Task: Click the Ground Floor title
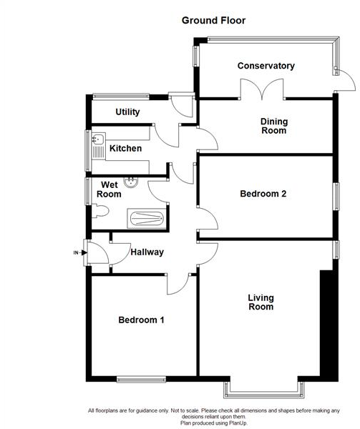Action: pos(213,21)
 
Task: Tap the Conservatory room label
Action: pos(266,66)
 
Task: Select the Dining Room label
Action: pos(273,126)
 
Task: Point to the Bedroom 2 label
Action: pos(263,194)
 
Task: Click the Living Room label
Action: pos(261,302)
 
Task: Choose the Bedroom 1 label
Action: pos(141,320)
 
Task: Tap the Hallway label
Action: pos(147,252)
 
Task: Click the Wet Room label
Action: pos(109,189)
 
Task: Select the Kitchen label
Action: pos(125,149)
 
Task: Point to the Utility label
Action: pos(127,112)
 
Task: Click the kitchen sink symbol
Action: pos(98,148)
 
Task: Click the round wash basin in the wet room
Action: pos(132,182)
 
